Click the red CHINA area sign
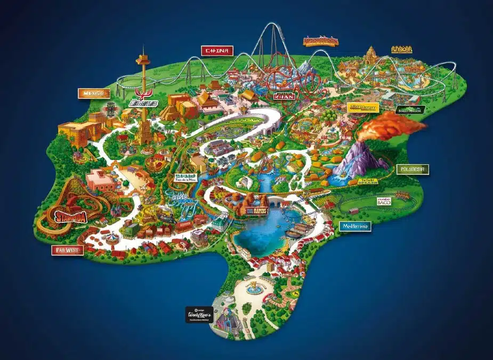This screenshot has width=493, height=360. click(218, 51)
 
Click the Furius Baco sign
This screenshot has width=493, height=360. click(384, 202)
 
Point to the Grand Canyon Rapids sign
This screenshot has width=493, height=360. click(255, 210)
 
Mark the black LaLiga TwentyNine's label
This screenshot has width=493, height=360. click(199, 314)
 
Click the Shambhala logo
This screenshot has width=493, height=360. click(320, 41)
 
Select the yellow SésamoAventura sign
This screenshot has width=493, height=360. click(362, 107)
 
